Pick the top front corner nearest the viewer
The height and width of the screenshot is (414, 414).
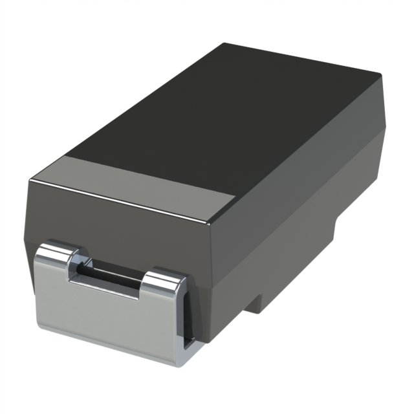(210, 224)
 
